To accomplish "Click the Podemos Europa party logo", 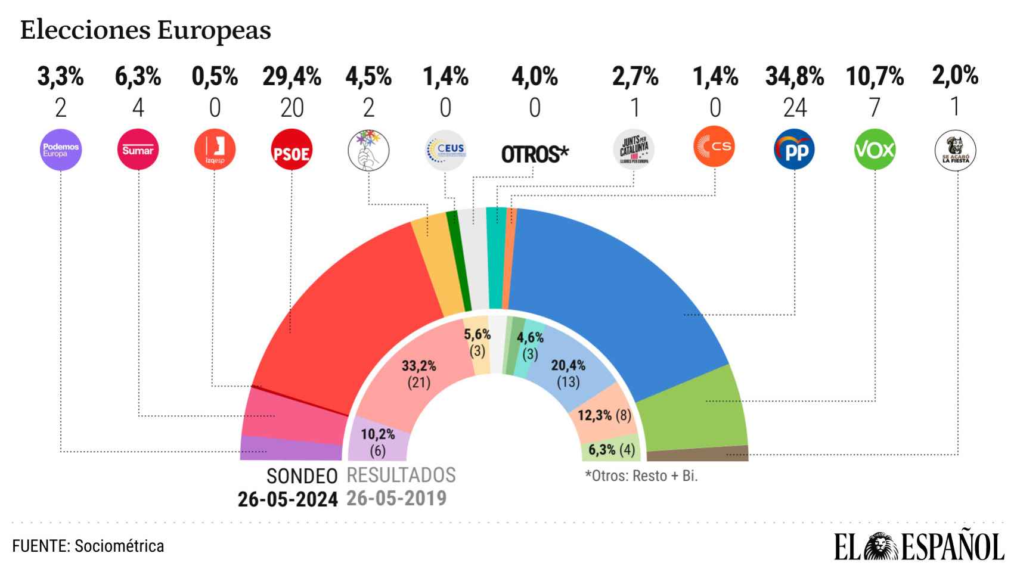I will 60,150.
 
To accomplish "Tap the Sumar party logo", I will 138,150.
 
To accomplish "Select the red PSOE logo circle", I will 291,150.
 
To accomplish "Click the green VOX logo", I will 875,150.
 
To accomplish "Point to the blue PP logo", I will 794,150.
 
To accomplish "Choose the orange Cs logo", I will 714,147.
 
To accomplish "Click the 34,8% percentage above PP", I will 794,77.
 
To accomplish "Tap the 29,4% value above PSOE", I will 292,77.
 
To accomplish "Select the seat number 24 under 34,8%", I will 795,108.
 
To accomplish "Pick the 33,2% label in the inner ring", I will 418,365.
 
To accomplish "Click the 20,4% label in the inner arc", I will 568,365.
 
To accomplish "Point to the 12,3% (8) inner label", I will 604,415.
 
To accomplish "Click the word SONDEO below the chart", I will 302,476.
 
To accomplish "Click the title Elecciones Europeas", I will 145,30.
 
